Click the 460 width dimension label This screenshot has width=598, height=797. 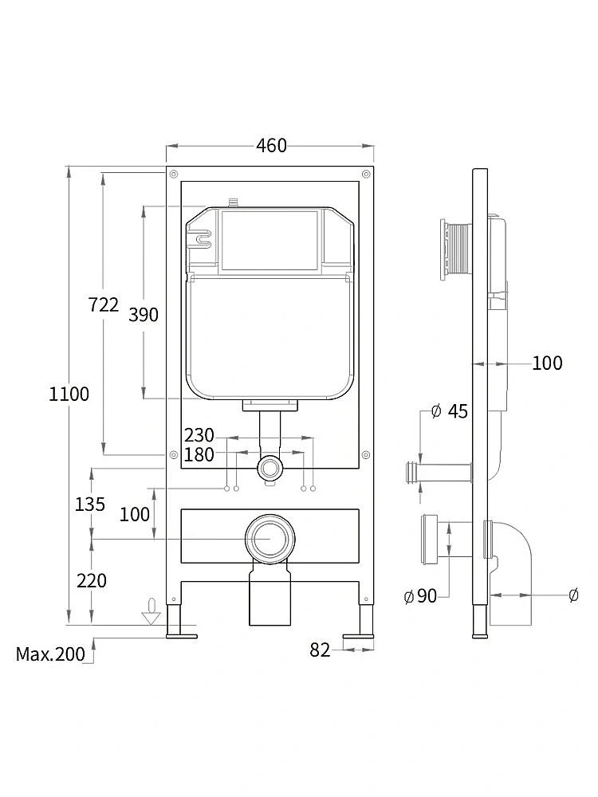(272, 146)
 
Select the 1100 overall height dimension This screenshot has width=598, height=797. (69, 394)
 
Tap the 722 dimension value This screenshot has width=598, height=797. (103, 305)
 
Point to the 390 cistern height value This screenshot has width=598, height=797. (144, 315)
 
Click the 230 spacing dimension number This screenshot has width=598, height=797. (199, 436)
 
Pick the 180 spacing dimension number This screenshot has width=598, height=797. (199, 454)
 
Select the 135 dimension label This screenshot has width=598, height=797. (90, 505)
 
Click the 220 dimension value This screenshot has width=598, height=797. (92, 580)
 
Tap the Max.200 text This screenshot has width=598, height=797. (50, 654)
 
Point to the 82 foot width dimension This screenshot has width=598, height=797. (320, 650)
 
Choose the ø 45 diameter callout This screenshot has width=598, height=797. (449, 411)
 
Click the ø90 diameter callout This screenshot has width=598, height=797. (420, 595)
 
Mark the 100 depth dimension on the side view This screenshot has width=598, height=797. (547, 363)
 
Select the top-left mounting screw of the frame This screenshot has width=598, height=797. (173, 175)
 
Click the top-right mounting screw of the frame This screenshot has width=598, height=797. (366, 175)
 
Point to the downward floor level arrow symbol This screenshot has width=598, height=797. (151, 611)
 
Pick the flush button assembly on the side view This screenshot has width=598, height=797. (457, 249)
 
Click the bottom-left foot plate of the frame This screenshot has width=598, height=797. (182, 635)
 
